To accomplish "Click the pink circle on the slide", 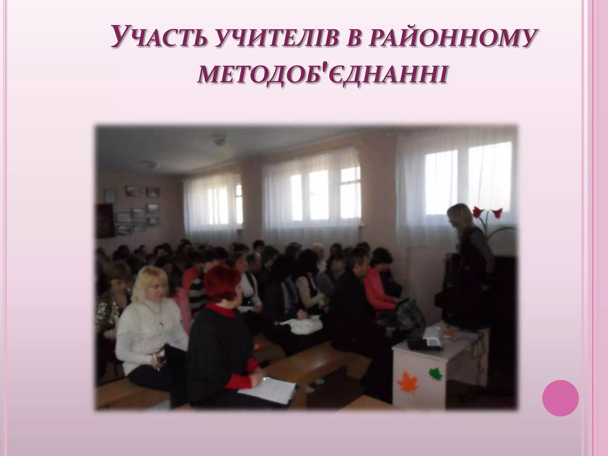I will (560, 398).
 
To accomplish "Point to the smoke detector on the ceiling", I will (219, 141).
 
